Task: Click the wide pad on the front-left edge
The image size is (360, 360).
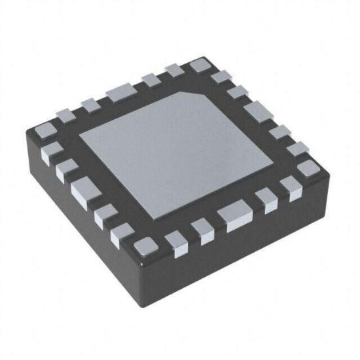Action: pos(85,192)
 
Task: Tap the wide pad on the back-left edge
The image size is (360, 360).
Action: pos(119,94)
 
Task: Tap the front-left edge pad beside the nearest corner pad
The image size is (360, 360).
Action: pos(122,234)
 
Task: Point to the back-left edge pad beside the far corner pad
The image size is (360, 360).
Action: pos(173,71)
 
